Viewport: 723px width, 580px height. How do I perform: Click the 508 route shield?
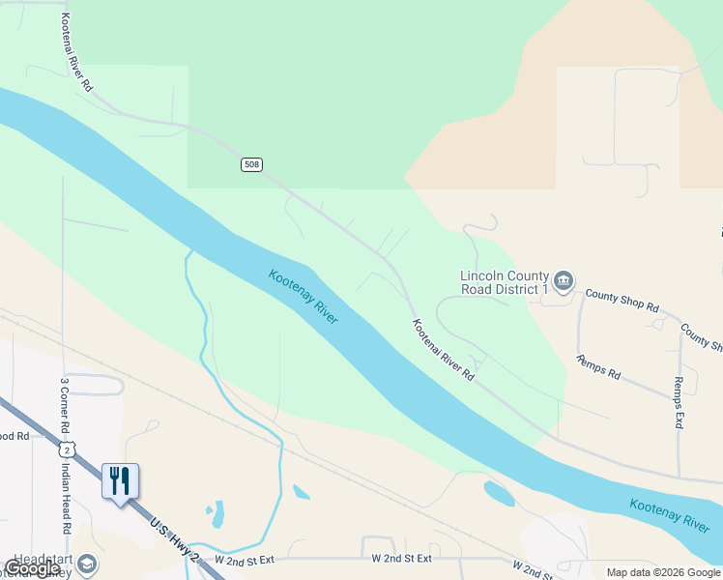tap(251, 165)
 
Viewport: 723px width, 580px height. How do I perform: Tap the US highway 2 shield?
tap(66, 449)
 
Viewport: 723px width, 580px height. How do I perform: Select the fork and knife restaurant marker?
tap(121, 481)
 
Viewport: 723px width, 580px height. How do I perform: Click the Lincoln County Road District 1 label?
tap(504, 281)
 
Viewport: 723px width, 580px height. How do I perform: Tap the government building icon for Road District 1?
tap(564, 281)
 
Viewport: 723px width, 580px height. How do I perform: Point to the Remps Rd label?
tap(598, 367)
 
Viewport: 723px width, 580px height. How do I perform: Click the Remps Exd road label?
tap(680, 403)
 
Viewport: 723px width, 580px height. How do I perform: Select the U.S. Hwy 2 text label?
tap(174, 538)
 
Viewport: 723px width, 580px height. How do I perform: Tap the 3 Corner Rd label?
tap(65, 405)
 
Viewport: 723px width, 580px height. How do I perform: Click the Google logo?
tap(31, 568)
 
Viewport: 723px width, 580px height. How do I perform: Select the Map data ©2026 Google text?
tap(662, 572)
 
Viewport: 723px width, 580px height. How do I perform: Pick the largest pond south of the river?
tap(499, 494)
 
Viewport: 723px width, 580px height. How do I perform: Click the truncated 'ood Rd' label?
tap(14, 436)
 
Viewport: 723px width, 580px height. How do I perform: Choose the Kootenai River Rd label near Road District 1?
tap(444, 349)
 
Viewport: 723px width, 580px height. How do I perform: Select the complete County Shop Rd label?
tap(622, 301)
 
